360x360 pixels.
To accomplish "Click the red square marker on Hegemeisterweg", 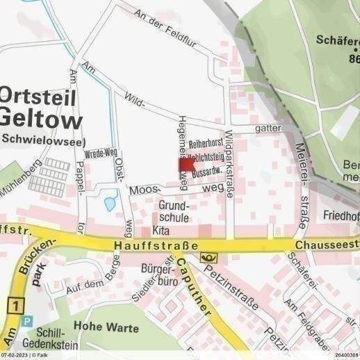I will [187, 164].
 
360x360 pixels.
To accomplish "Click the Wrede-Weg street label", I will [99, 155].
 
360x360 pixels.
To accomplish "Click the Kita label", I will [161, 231].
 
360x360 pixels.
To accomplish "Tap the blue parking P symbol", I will [27, 321].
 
